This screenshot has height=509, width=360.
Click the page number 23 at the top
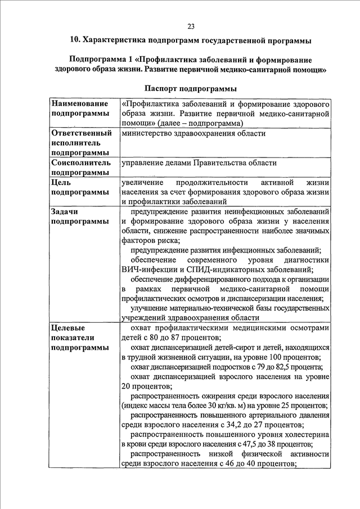[191, 26]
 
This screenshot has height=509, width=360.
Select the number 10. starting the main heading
[74, 40]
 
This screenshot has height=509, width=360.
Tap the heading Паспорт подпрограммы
[190, 88]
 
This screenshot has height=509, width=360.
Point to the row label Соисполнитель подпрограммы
[79, 168]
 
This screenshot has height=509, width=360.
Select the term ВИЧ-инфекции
[147, 269]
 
